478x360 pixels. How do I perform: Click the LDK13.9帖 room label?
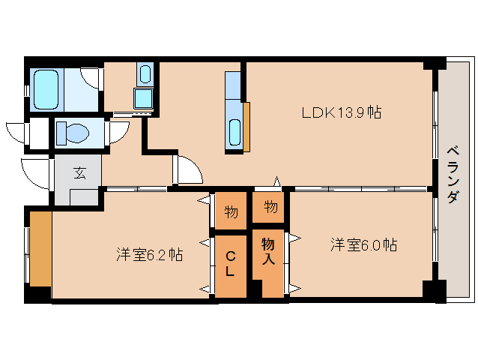pos(342,112)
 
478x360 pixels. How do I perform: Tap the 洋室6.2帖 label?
pos(149,254)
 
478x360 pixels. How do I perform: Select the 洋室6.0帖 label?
pos(363,244)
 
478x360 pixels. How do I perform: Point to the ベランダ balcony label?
pos(453,175)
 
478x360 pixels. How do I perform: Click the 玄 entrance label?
pos(79,172)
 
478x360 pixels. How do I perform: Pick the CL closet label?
pos(230,263)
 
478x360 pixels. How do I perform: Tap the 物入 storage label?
pos(268,251)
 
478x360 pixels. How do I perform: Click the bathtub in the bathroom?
pos(46,89)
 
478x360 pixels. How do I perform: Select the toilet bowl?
pos(77,133)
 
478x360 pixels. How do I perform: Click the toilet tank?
pos(61,133)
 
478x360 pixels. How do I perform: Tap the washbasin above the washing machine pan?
pos(145,74)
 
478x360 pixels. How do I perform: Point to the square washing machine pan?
pos(143,98)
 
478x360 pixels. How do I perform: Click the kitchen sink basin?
pos(235,132)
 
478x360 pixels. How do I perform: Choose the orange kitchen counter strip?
pos(246,127)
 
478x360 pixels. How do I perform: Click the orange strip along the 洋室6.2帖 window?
pos(41,249)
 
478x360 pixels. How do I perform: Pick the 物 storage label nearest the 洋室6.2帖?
pos(231,211)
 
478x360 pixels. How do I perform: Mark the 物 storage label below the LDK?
pos(270,207)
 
